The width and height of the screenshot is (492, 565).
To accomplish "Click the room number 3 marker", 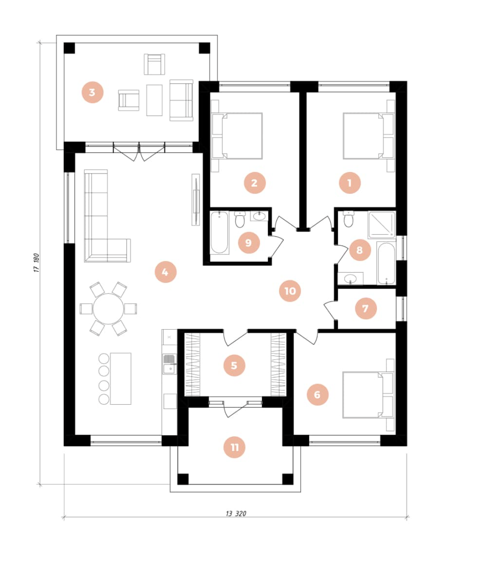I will tap(92, 93).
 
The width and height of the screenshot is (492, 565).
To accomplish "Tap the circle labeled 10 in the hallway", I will tap(290, 291).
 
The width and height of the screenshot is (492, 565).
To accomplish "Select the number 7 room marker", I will tap(365, 308).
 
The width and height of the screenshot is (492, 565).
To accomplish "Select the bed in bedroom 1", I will tap(365, 136).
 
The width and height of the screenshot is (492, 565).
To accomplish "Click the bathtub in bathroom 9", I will tap(220, 233).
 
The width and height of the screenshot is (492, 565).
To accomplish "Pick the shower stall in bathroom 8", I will tap(381, 224).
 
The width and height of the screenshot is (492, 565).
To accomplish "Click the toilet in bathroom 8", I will tap(348, 219).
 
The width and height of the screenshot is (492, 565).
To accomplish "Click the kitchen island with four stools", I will tap(121, 378).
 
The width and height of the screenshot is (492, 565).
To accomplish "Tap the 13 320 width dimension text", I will tap(235, 513).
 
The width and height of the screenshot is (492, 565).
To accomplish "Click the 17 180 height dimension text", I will tap(37, 263).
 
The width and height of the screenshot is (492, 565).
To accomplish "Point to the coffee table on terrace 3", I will tap(155, 100).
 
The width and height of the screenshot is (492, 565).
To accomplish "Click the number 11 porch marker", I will tap(234, 447).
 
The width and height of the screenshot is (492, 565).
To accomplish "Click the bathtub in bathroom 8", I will tap(386, 263).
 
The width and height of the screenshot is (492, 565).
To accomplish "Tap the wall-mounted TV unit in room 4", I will tap(195, 199).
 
